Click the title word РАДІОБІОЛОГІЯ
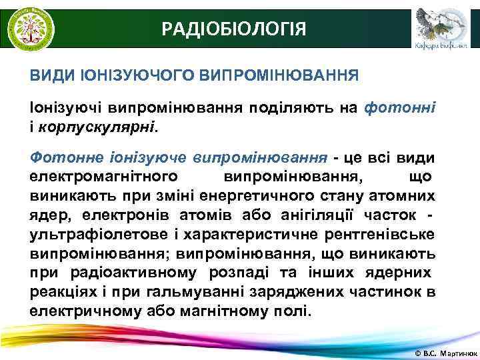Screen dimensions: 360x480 point(235,29)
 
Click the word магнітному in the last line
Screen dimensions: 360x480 point(221,311)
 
